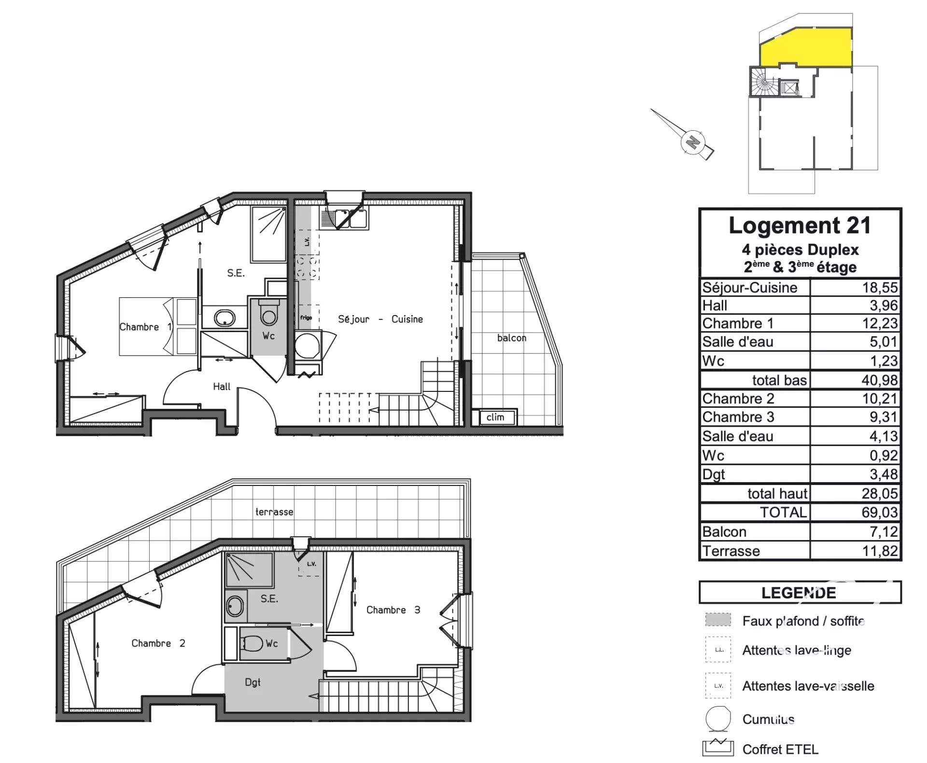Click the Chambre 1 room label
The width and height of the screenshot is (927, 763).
coord(145,327)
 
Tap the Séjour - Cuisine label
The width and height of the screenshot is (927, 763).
coord(380,319)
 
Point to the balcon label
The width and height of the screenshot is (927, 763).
coord(511,338)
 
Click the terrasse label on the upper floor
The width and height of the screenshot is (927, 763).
coord(274,512)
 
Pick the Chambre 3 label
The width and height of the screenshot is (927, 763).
coord(393,610)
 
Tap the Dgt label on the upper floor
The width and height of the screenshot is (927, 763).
coord(253,682)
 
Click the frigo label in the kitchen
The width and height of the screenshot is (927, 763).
coord(306,318)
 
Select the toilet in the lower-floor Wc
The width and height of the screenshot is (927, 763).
coord(268,314)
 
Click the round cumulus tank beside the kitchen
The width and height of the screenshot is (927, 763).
coord(307,346)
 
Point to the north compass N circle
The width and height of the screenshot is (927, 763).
coord(693,142)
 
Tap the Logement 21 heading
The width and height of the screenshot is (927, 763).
coord(800,225)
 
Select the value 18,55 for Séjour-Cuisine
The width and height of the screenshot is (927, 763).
coord(880,288)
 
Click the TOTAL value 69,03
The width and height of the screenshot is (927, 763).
coord(880,512)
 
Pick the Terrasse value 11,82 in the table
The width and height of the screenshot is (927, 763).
coord(880,551)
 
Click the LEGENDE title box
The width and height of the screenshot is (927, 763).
coord(800,593)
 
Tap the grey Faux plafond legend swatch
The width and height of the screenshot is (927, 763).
coord(718,620)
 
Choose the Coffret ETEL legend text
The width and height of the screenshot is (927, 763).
coord(780,749)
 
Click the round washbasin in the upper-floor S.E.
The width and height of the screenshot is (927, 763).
coord(235,606)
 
